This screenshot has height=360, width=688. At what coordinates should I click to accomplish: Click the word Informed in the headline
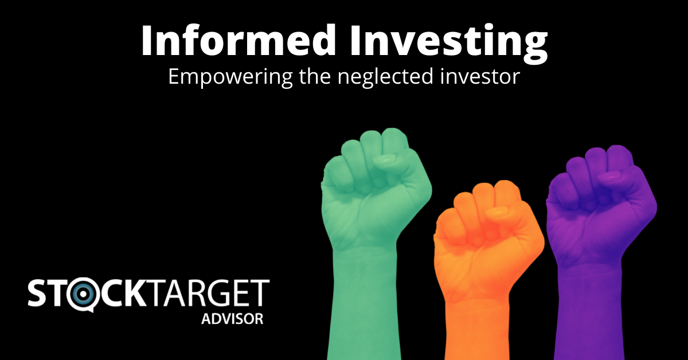(239, 40)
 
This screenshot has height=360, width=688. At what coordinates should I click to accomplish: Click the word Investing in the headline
(449, 44)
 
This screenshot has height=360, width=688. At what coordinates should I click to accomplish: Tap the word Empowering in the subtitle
(230, 77)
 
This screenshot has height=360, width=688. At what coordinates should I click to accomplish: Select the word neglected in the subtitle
(385, 77)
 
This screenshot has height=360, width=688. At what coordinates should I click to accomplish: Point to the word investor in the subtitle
(480, 77)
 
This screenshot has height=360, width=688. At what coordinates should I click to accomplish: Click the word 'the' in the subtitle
(315, 76)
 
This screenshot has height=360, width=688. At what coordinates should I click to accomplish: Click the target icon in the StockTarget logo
(83, 294)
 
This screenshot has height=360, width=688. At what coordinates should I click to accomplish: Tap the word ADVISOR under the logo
(232, 319)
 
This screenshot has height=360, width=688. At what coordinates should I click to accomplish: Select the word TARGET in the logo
(208, 293)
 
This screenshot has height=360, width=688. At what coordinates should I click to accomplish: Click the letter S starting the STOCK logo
(37, 293)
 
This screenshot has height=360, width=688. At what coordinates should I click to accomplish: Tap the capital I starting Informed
(147, 40)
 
